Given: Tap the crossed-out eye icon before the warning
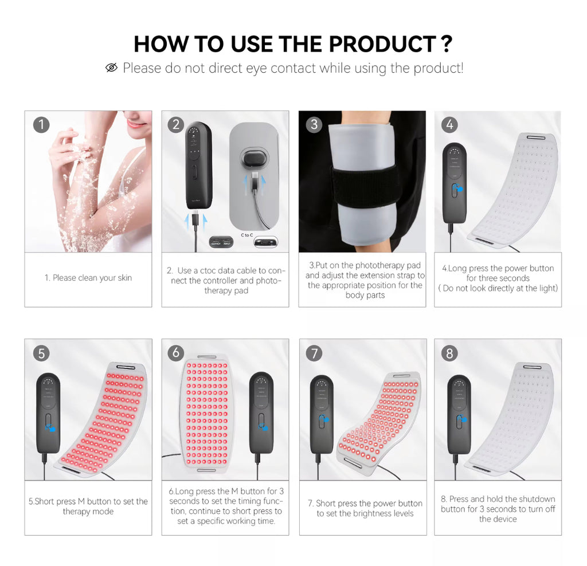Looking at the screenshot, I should pos(112,68).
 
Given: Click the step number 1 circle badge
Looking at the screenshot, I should pos(41,125).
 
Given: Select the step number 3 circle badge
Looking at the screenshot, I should pos(314,125).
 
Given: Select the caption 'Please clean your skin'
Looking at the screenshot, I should pos(88,278).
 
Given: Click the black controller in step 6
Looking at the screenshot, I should pos(261,412).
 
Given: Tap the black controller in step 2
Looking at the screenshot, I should pos(198,166).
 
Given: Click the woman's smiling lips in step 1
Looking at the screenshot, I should pos(136,124).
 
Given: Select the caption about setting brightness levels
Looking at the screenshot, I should pos(365,508).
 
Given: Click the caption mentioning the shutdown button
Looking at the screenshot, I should pos(498,509).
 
